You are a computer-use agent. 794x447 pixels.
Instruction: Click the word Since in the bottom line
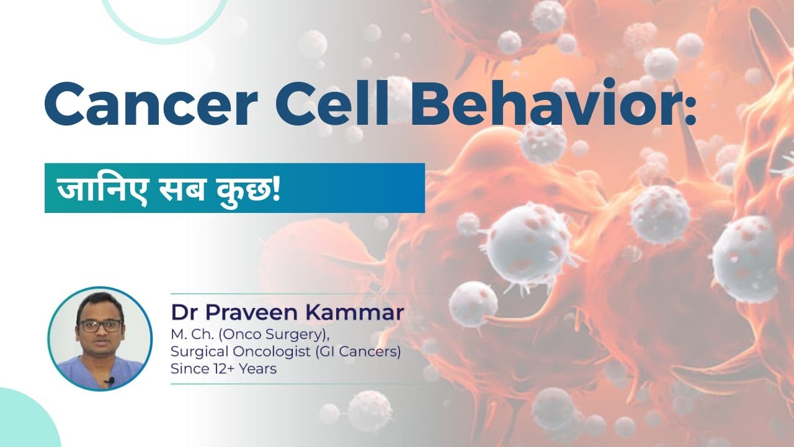point(188,369)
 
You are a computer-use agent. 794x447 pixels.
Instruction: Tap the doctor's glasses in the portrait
point(100,325)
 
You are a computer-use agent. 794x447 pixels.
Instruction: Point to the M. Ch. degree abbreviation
point(189,335)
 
